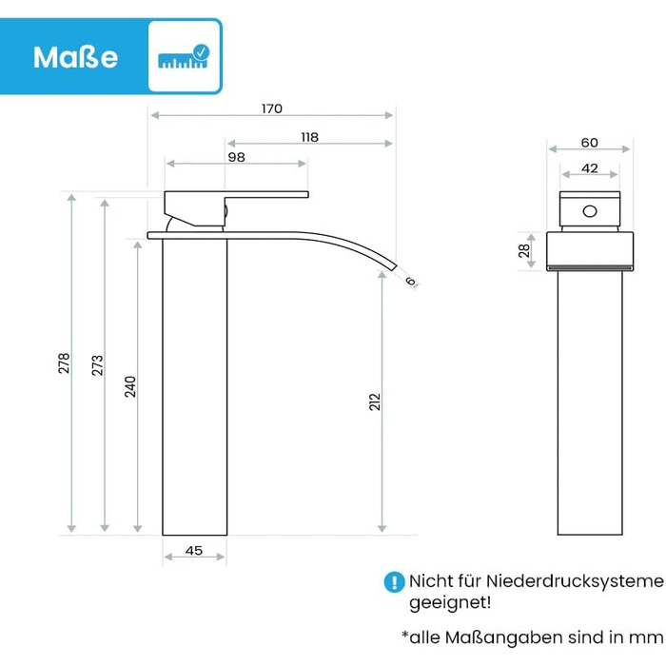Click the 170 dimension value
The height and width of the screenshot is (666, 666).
point(272,108)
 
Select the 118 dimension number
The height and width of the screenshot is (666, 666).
point(309,137)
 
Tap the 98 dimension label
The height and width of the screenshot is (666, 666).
point(236,157)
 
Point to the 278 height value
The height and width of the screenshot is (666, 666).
point(64,363)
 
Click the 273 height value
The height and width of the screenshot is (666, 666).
point(98,365)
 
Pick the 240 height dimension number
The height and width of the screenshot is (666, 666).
point(130,386)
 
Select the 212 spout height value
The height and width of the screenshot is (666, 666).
point(375,402)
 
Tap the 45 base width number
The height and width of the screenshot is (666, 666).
point(194,551)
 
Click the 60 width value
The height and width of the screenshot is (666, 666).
point(590,143)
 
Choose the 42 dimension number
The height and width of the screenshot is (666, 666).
point(590,168)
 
